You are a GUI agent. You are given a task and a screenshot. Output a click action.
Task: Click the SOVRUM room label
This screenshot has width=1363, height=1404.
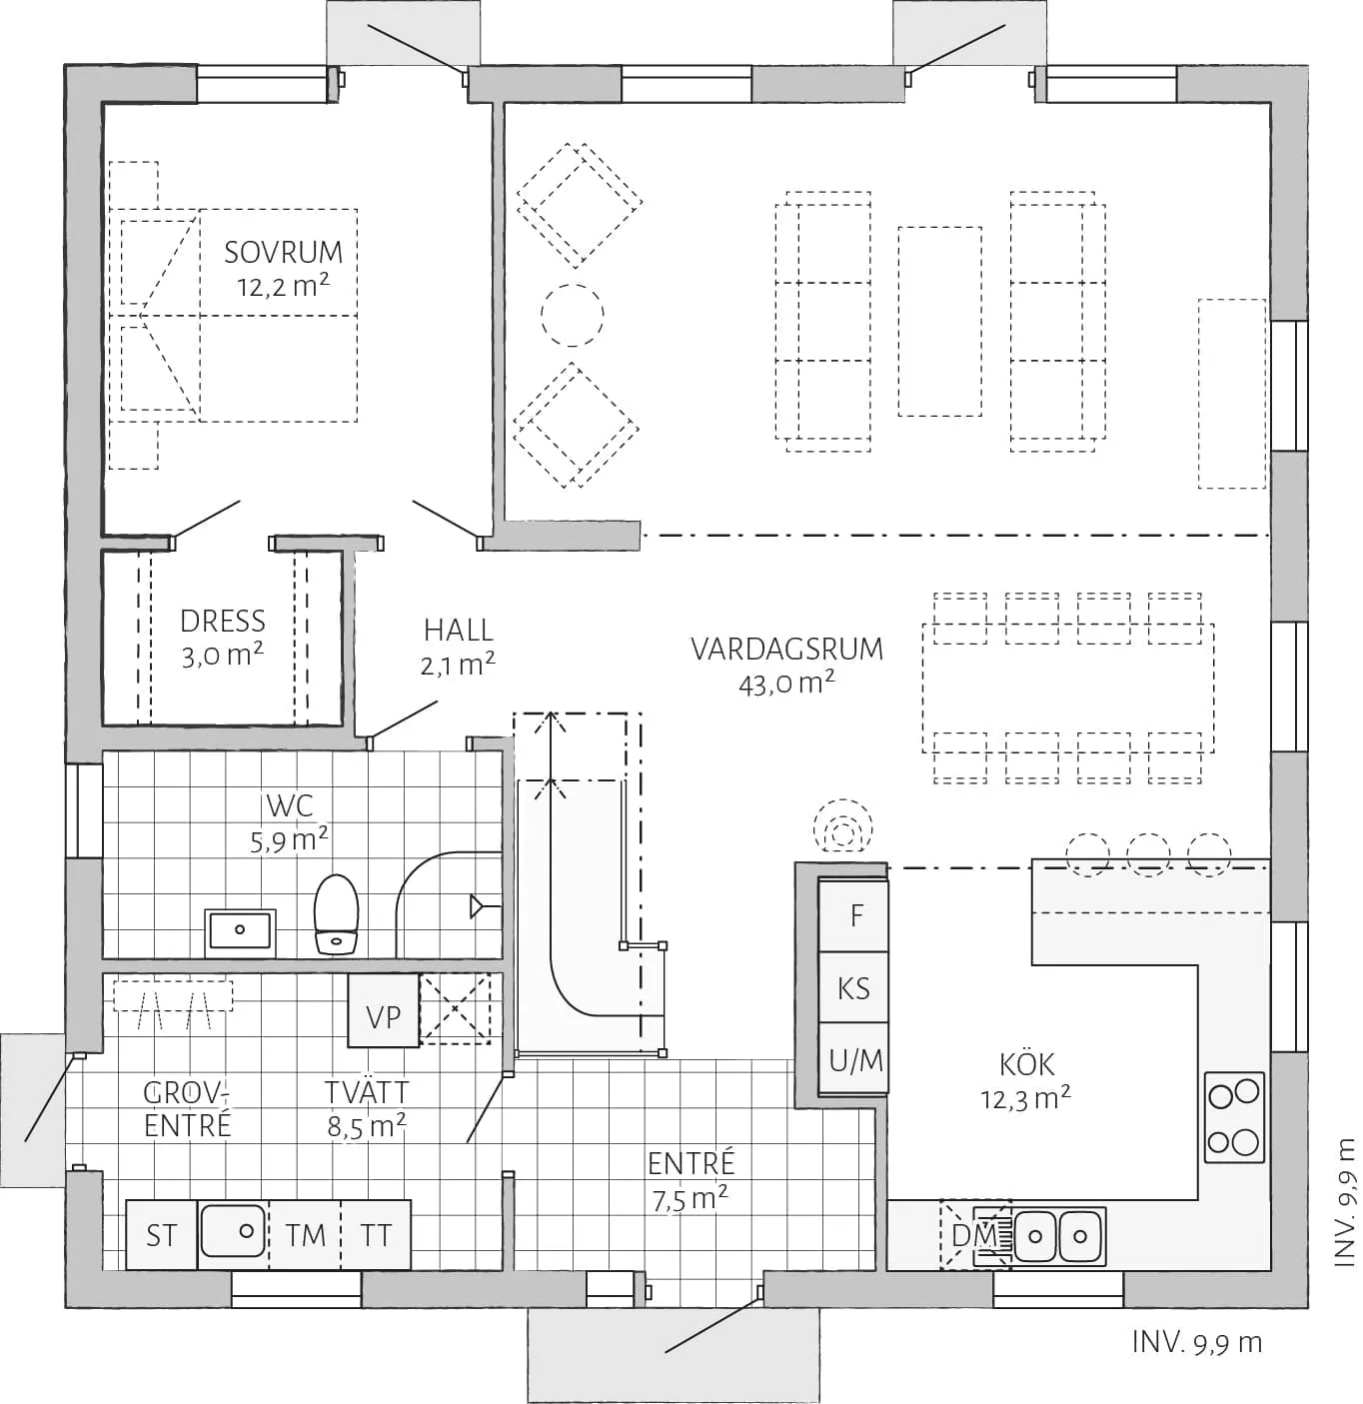pos(283,253)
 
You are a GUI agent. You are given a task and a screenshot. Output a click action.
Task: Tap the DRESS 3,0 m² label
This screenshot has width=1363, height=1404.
pos(222,638)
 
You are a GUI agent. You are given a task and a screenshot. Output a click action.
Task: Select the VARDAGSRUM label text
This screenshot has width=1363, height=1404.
pos(787,650)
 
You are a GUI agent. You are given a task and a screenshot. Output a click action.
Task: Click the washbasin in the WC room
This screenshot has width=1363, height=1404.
pos(240,930)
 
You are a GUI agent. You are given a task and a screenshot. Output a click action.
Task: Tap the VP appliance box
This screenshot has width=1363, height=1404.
pos(384,1016)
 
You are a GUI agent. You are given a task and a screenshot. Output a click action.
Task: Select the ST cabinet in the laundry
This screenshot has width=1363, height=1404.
pos(162,1236)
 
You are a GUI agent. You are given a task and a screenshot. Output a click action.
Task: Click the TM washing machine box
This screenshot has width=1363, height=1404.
pos(305,1236)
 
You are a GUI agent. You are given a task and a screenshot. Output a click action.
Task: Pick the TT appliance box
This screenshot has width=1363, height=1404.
pos(376,1236)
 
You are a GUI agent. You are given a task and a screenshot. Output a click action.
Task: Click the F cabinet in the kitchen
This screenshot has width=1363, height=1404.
pos(855,915)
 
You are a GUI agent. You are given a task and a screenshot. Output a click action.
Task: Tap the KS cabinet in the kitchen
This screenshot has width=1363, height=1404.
pos(854,988)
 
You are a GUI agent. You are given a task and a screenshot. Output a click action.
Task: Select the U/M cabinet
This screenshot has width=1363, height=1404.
pos(855,1060)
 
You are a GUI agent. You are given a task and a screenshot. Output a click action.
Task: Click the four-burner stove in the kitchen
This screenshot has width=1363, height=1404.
pos(1234,1117)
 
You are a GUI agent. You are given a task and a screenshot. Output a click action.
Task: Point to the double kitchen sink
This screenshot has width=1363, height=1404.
pos(1058,1236)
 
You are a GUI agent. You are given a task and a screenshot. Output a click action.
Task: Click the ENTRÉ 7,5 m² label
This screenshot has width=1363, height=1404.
pos(690,1180)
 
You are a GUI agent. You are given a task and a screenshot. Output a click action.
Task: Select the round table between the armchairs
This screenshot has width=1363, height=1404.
pos(572,315)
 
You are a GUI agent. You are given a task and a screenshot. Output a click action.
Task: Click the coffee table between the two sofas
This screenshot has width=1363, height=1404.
pos(938,321)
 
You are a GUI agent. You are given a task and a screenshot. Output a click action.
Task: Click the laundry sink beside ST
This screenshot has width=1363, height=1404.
pos(233,1231)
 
